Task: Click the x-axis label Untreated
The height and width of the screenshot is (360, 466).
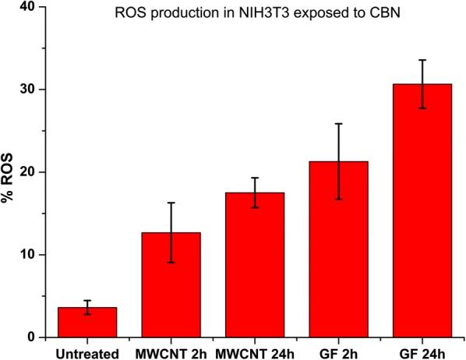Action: point(87,351)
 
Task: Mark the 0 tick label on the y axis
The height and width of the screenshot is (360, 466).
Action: point(33,337)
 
